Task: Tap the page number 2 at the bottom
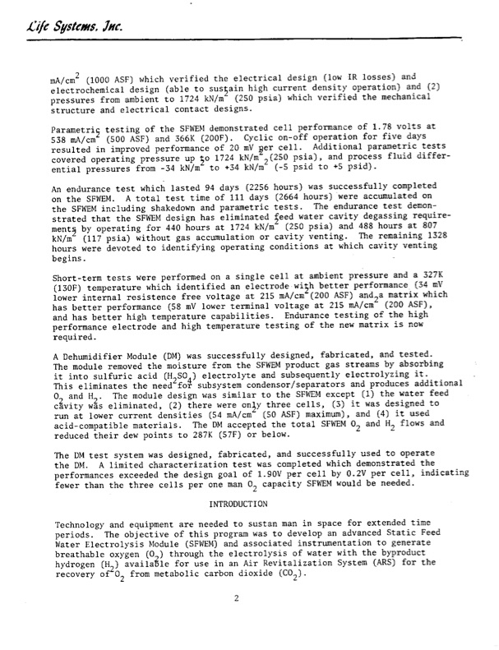236,621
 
